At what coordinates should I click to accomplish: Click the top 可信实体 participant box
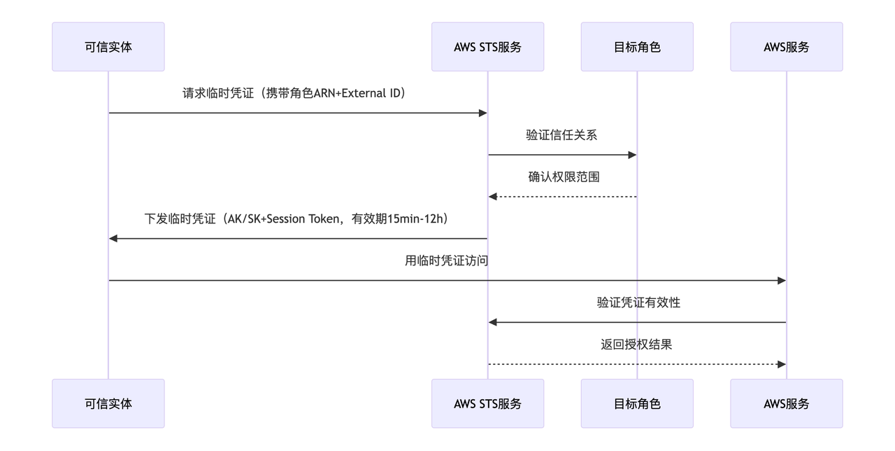coord(108,47)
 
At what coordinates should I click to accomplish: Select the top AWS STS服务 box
coord(487,47)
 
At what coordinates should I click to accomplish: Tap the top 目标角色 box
coord(636,47)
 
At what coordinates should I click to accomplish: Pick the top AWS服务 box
coord(786,47)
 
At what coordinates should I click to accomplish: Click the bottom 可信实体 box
coord(108,403)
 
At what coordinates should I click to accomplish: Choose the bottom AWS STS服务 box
coord(487,403)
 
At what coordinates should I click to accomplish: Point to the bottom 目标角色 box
coord(636,403)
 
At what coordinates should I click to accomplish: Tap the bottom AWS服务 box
coord(786,403)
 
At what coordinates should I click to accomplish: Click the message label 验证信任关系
coord(561,135)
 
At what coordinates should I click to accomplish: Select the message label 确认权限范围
coord(564,177)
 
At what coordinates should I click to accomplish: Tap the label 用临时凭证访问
coord(446,261)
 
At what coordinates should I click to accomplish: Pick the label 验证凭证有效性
coord(638,303)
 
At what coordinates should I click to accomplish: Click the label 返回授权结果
coord(636,345)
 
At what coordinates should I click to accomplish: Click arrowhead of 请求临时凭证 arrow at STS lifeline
coord(482,113)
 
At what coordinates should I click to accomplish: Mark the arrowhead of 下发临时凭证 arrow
coord(113,239)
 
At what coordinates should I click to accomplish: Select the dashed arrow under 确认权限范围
coord(564,197)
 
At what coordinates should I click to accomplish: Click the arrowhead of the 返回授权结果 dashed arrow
coord(782,364)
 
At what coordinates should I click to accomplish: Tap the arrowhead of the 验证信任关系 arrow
coord(632,155)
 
